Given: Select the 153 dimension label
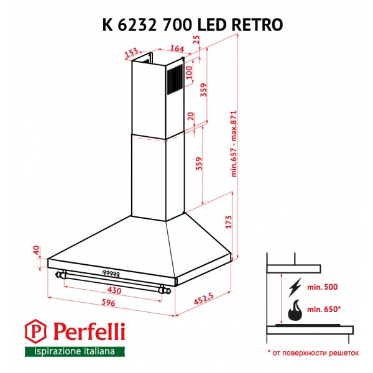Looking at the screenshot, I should (x=131, y=53).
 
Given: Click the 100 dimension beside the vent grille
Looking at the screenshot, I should (x=190, y=72).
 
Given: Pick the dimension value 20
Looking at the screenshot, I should (x=191, y=117).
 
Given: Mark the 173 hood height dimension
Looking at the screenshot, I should (x=228, y=222).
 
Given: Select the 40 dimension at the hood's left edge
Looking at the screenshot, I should (x=36, y=251).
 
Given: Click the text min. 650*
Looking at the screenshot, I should (x=324, y=309).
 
